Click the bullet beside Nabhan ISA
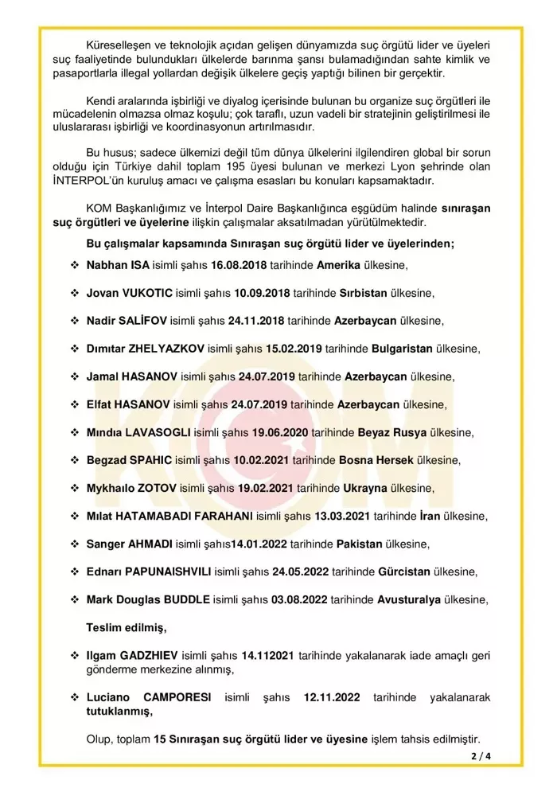[x=74, y=265]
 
